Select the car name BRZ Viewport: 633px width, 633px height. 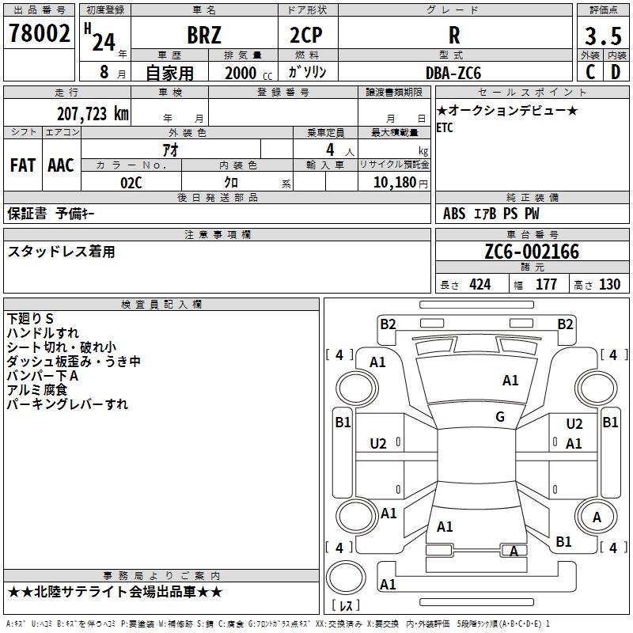(x=204, y=36)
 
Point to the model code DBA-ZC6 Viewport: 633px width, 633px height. (x=453, y=73)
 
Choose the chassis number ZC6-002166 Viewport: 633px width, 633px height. (x=532, y=252)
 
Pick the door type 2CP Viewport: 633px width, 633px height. (x=307, y=36)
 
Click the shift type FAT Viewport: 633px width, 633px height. (x=23, y=165)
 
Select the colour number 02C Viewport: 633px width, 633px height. (x=131, y=183)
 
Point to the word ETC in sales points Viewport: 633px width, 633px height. (x=445, y=128)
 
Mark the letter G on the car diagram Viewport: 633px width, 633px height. (x=499, y=417)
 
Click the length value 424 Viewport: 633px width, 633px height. (x=479, y=284)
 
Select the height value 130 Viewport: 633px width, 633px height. (x=609, y=284)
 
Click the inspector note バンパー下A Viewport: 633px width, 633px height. (x=43, y=376)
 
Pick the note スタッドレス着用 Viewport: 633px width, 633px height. (x=61, y=252)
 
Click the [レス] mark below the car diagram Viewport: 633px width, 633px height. (x=347, y=605)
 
